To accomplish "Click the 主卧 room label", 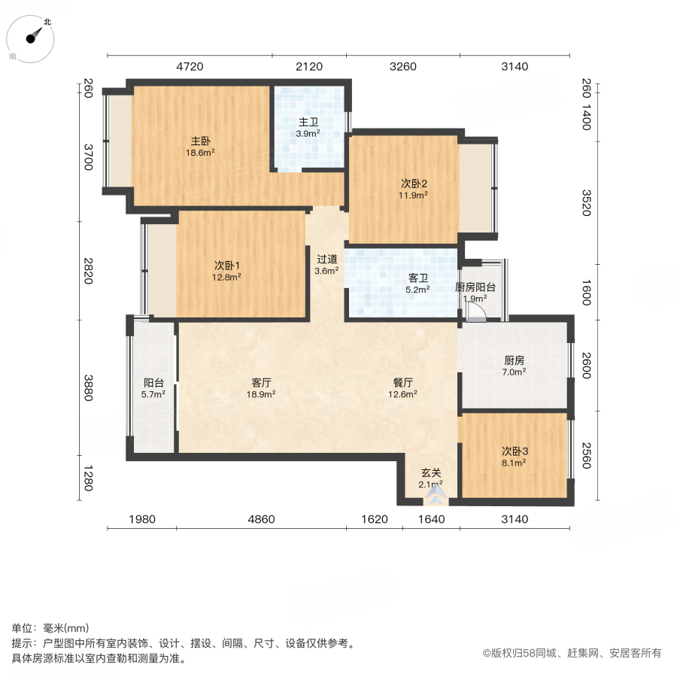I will pos(200,141).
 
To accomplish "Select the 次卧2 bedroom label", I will pos(413,184).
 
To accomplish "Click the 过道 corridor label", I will pos(326,259).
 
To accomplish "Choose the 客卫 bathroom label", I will pos(418,278).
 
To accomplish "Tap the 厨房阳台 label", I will pos(475,287).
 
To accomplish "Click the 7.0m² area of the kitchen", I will pos(515,372).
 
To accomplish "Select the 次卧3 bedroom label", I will pos(515,451).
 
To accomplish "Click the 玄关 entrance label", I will pos(430,473).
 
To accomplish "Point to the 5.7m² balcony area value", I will pos(154,393).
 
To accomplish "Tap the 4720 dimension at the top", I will pos(190,66).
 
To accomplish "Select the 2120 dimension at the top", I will pos(308,66).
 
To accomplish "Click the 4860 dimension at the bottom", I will pos(261,519).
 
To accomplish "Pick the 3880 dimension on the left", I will pos(87,387).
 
